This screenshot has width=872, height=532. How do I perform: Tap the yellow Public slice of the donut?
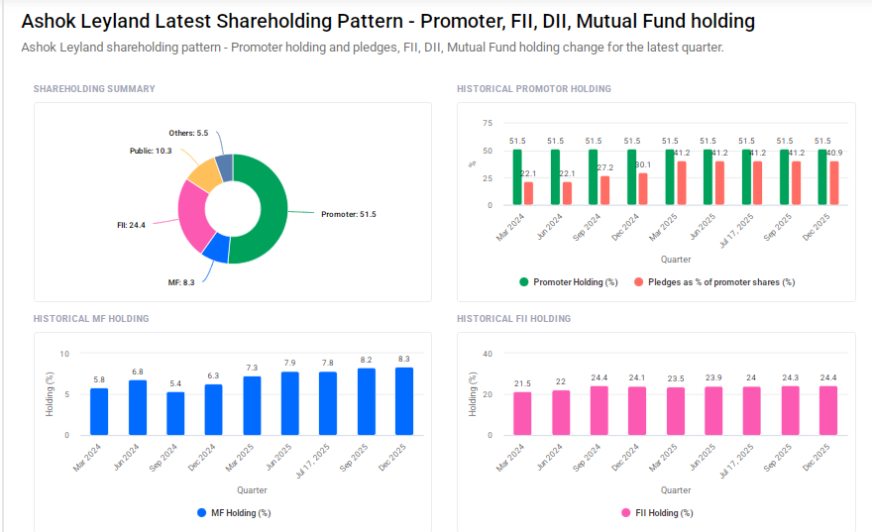[204, 175]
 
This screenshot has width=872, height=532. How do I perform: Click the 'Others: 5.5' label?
[188, 133]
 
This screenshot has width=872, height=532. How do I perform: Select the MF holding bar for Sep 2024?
[175, 414]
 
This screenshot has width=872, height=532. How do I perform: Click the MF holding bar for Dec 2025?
[404, 401]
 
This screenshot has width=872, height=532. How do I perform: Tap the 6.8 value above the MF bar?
[137, 372]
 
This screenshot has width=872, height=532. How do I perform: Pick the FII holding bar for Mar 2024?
[522, 414]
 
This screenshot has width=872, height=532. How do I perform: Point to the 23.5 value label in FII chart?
[676, 378]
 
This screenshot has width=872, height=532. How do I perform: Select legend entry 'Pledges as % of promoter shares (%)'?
[713, 282]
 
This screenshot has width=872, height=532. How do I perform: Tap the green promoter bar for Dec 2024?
[632, 178]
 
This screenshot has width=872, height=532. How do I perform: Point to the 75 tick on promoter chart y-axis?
[487, 123]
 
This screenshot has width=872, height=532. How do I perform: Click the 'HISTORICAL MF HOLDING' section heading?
[91, 319]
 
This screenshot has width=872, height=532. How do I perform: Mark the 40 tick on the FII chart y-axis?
[487, 354]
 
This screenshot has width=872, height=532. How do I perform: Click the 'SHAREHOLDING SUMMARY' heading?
[94, 89]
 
